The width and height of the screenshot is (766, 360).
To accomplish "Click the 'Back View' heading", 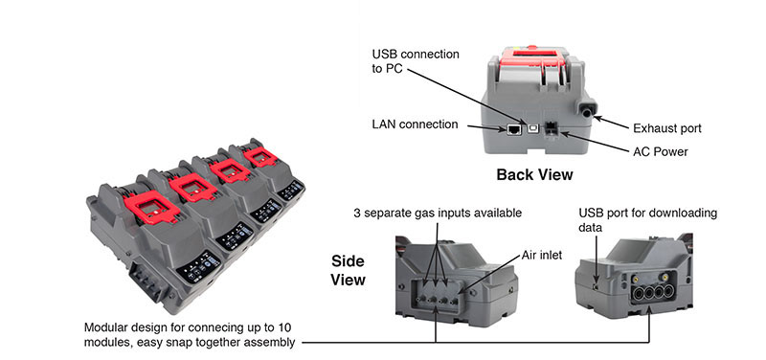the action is pyautogui.click(x=534, y=174).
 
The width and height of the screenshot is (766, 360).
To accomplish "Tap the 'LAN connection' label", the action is pyautogui.click(x=416, y=124).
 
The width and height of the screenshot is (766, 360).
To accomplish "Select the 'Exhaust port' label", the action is pyautogui.click(x=667, y=128).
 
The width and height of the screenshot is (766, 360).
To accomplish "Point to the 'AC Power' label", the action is pyautogui.click(x=661, y=152).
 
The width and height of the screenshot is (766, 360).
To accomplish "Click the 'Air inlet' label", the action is pyautogui.click(x=542, y=255).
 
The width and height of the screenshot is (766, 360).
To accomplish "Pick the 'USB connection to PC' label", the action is pyautogui.click(x=416, y=61).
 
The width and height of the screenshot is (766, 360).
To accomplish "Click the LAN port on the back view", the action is pyautogui.click(x=514, y=129).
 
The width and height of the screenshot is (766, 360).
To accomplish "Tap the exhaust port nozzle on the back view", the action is pyautogui.click(x=586, y=109).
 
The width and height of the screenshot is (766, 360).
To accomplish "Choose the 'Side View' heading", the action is pyautogui.click(x=348, y=270).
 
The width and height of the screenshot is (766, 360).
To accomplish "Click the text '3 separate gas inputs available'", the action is pyautogui.click(x=439, y=214).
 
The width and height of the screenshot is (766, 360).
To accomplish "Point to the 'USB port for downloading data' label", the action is pyautogui.click(x=648, y=220).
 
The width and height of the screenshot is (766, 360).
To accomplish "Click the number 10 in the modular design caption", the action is pyautogui.click(x=283, y=326).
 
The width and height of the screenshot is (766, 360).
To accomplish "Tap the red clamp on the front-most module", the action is pyautogui.click(x=151, y=207).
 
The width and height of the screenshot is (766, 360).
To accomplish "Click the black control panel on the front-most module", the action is pyautogui.click(x=198, y=268).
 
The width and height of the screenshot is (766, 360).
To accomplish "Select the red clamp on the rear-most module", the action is pyautogui.click(x=260, y=157).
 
